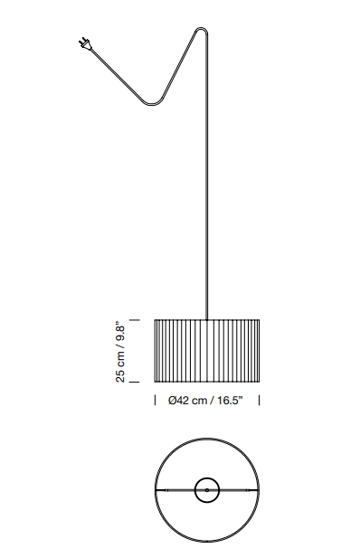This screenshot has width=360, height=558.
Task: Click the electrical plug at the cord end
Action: pyautogui.click(x=85, y=43)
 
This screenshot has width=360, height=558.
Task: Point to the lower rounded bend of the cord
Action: pyautogui.click(x=155, y=104)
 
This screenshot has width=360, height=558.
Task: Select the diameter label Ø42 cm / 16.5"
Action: pyautogui.click(x=205, y=401)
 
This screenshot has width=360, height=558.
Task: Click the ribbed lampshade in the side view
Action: pyautogui.click(x=207, y=351)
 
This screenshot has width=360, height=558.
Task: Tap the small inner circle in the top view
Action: pyautogui.click(x=207, y=490)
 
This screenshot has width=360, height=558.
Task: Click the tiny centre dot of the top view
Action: pyautogui.click(x=207, y=490)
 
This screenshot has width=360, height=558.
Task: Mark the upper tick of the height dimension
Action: pyautogui.click(x=134, y=320)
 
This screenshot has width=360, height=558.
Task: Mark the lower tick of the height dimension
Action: pyautogui.click(x=134, y=382)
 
